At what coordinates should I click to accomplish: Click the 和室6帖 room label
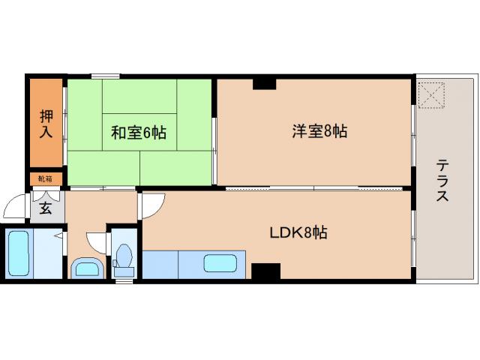coord(138,133)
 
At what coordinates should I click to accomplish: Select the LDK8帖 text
coord(298,232)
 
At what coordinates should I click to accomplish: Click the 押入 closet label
coord(46,124)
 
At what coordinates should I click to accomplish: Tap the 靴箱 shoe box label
coord(46,178)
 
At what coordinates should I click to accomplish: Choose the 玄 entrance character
coord(45,208)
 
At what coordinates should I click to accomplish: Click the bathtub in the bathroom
coord(20,253)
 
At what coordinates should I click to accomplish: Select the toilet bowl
coord(124,259)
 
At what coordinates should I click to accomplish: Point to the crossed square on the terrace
coord(432,94)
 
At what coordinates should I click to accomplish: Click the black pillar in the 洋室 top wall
coord(264,83)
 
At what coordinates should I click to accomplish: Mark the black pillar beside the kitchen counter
coord(265,271)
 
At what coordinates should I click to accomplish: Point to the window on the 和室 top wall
coord(105,76)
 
